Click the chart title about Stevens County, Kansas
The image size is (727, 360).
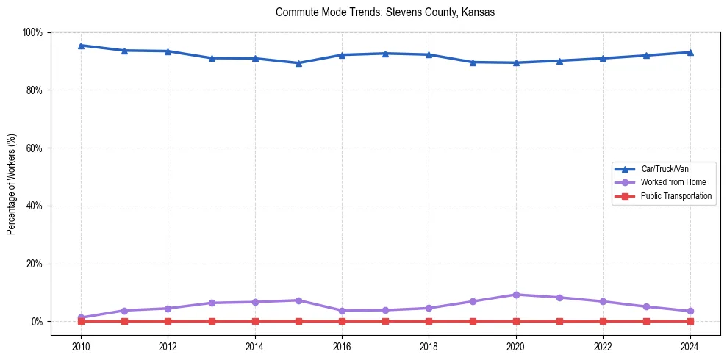[x=385, y=12]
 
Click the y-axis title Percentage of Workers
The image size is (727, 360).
[x=11, y=184]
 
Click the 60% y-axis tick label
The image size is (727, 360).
[x=33, y=148]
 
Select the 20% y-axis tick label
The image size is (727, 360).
[x=33, y=264]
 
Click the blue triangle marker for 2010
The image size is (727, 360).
[x=81, y=46]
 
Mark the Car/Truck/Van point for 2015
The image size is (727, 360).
[x=298, y=63]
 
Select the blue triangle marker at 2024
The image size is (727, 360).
[x=690, y=52]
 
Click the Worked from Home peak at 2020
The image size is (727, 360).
[x=516, y=295]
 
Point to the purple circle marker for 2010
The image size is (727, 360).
[x=81, y=317]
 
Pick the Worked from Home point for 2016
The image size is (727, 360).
[x=342, y=311]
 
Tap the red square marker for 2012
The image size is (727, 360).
[x=168, y=321]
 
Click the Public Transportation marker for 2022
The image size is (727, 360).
[x=603, y=321]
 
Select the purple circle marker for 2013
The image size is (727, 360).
[x=212, y=303]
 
